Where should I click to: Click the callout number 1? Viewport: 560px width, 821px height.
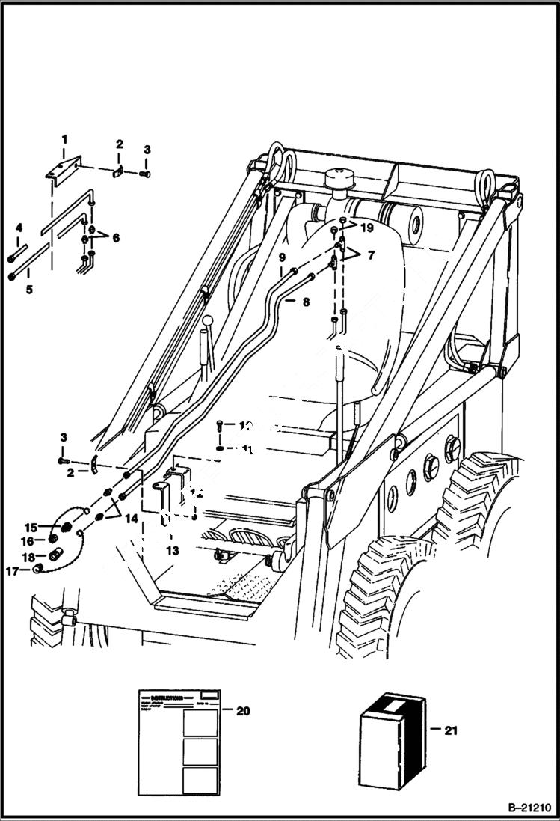coord(64,139)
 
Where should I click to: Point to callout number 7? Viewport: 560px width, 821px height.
coord(371,255)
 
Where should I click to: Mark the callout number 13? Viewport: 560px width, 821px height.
coord(173,551)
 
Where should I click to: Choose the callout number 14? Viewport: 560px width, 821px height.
coord(132,518)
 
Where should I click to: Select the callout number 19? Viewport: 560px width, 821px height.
coord(366,226)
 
